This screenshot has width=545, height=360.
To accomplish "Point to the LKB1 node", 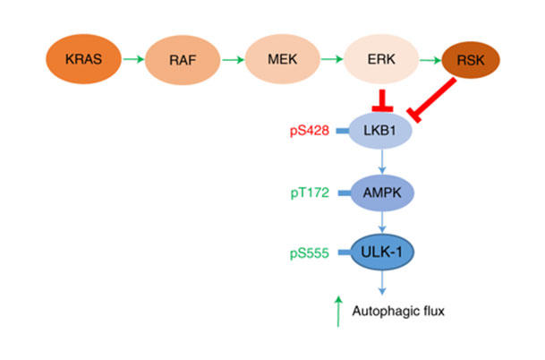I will [382, 131].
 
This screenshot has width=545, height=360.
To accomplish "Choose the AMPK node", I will [382, 192].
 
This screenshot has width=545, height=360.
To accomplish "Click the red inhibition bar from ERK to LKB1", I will [382, 97].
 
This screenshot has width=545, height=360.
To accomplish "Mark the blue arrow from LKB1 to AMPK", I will [382, 161].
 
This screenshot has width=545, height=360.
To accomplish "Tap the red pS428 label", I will [309, 131].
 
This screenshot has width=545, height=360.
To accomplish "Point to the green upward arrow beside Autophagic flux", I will [337, 312].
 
